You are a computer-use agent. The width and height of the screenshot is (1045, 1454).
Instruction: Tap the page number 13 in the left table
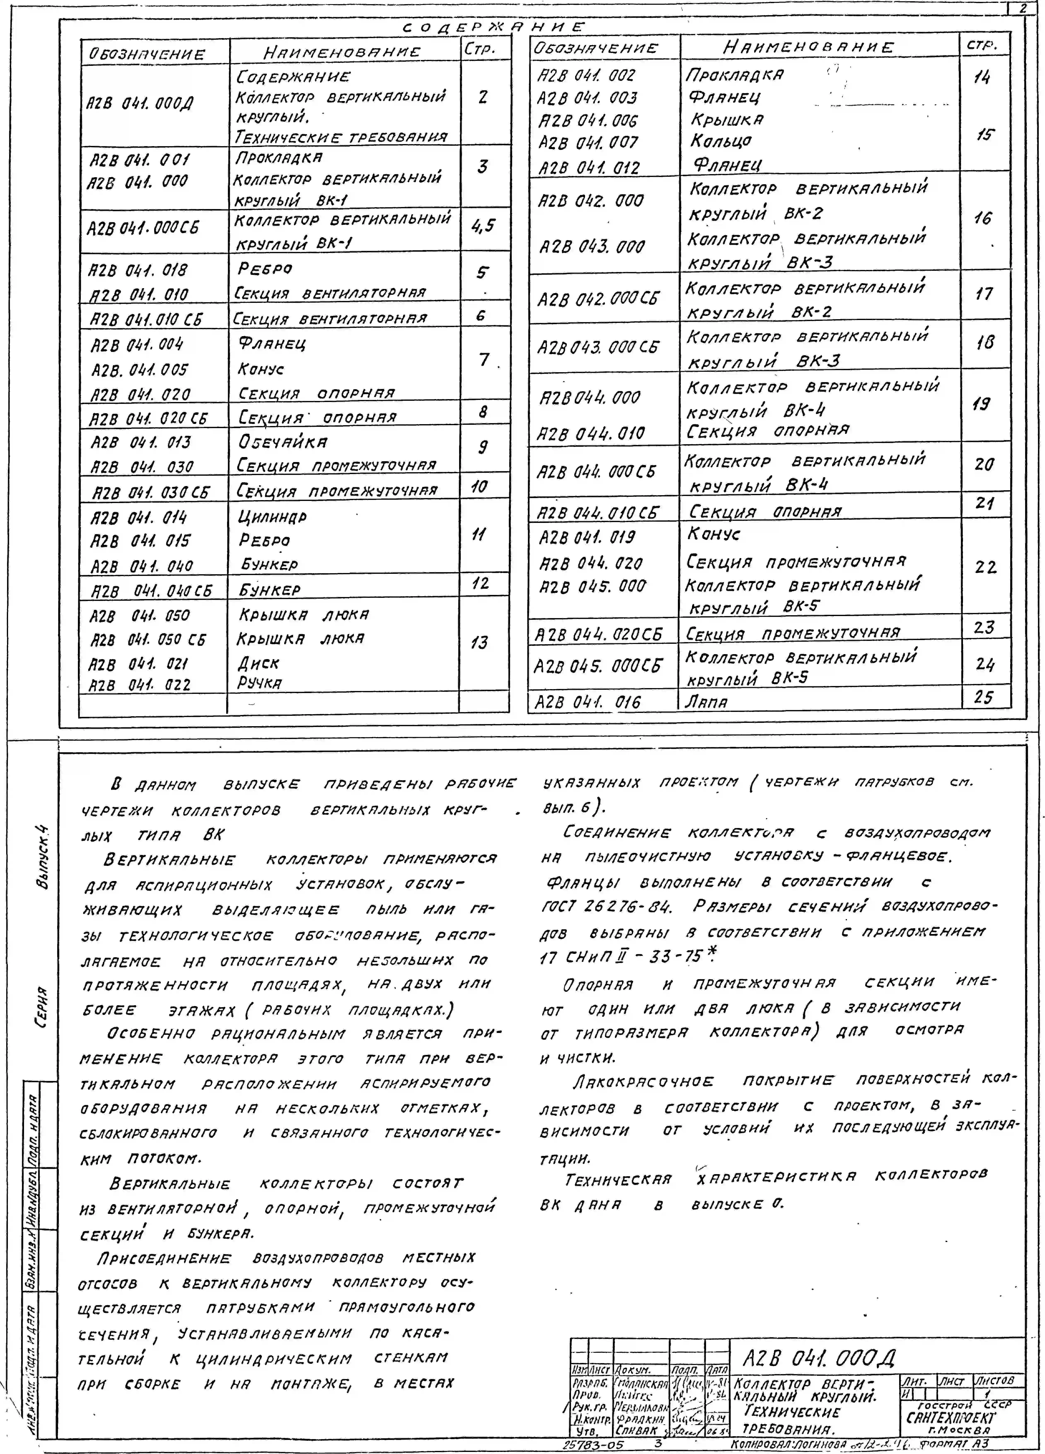pos(479,642)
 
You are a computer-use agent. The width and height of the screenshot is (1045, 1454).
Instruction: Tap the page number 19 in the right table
pos(981,404)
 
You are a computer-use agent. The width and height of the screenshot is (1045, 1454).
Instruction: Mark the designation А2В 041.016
pos(588,703)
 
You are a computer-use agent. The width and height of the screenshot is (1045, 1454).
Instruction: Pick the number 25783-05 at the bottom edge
pos(593,1445)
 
